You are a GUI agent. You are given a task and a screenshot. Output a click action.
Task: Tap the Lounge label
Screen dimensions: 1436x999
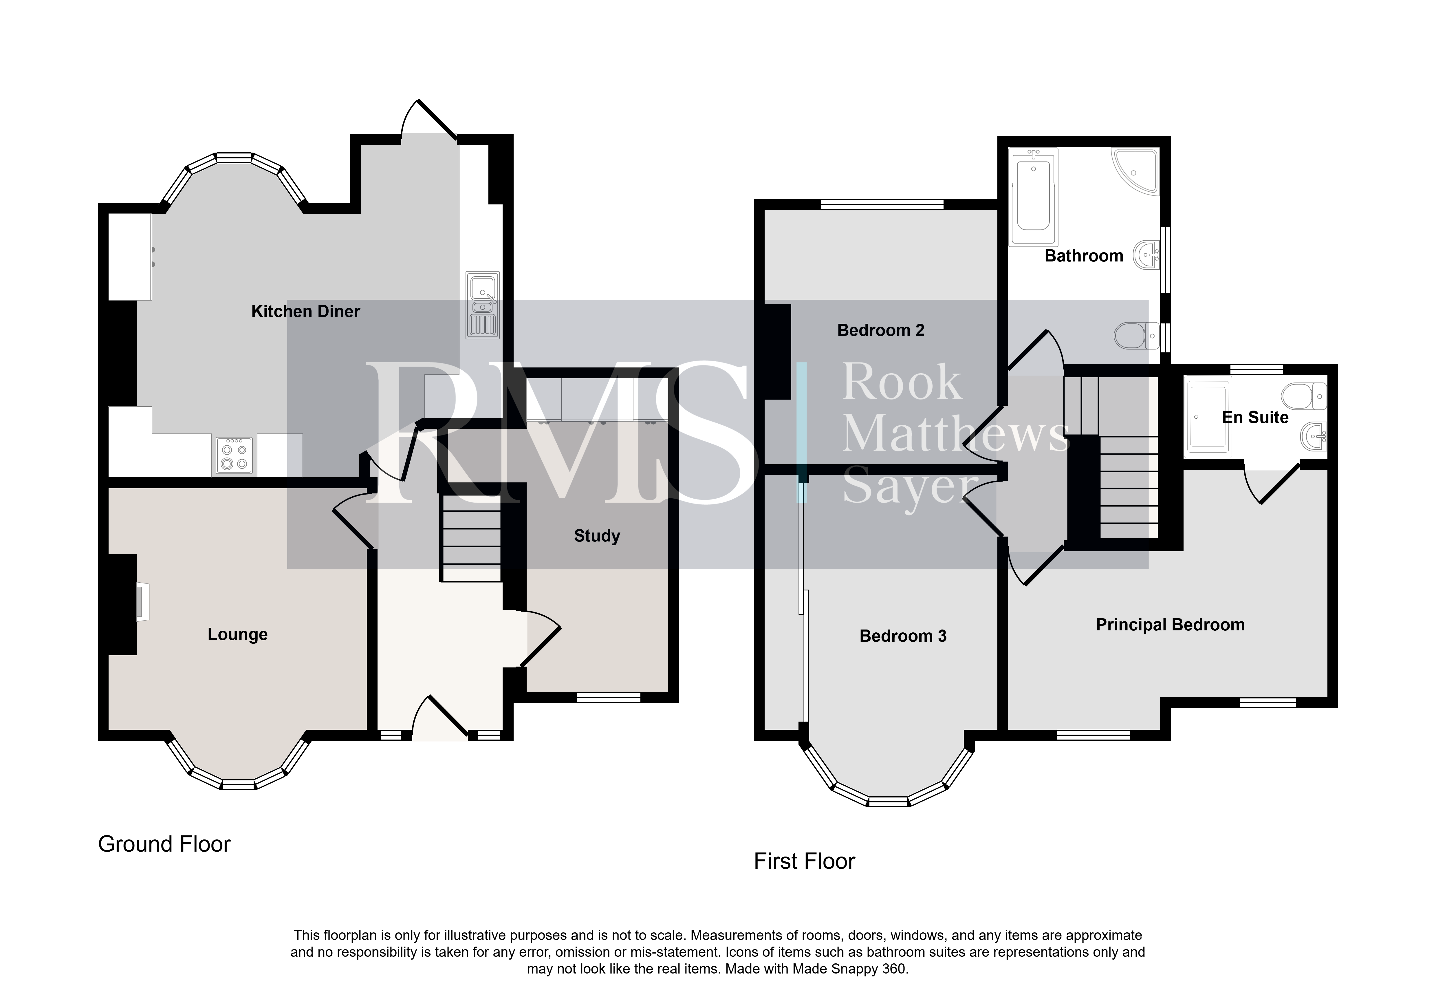[x=238, y=635]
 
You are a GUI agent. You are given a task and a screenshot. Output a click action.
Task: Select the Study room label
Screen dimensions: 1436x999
[x=597, y=536]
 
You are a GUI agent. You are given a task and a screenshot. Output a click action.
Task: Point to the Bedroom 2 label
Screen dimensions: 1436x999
[x=881, y=330]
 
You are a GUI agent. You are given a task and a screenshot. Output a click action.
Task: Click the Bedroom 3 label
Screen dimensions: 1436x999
[x=903, y=636]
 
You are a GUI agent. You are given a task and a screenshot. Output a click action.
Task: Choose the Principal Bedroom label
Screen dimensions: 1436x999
[x=1170, y=625]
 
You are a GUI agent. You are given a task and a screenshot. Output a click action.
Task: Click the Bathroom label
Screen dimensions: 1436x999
[x=1084, y=256]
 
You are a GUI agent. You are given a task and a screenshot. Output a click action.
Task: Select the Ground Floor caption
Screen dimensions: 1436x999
[x=164, y=844]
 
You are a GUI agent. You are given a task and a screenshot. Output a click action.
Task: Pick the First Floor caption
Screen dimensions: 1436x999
[x=804, y=861]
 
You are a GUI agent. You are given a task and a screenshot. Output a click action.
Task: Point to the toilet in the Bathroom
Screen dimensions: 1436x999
[x=1138, y=336]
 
